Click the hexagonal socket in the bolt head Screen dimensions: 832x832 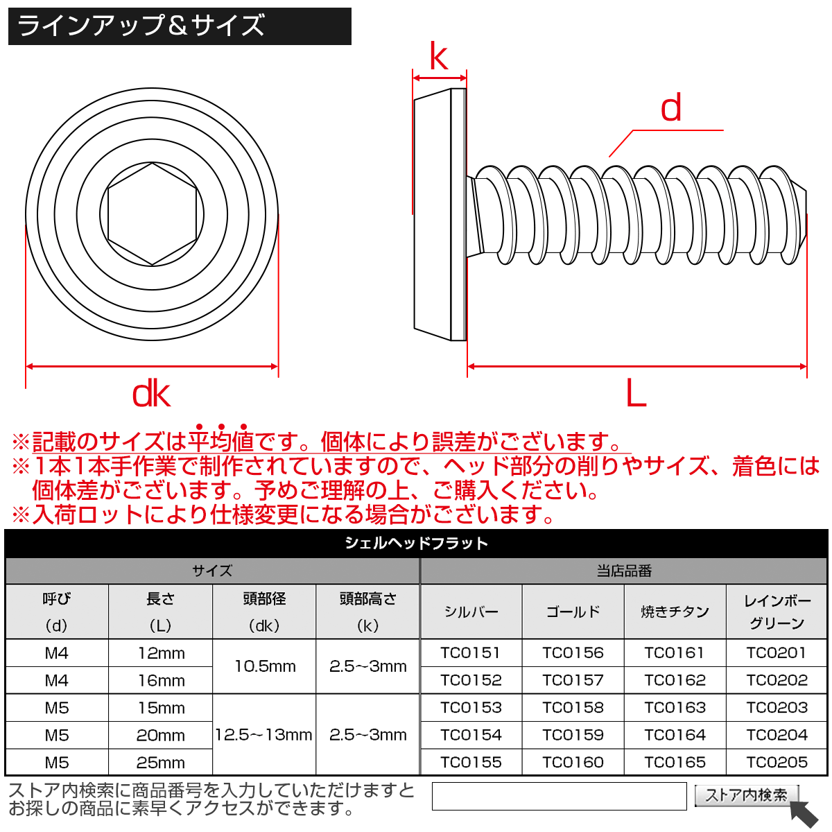[152, 214]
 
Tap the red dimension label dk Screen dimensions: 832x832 [151, 395]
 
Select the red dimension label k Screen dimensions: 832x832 [438, 57]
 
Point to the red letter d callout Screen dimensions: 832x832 [670, 109]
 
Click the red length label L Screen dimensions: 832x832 [636, 395]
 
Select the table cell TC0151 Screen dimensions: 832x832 [471, 653]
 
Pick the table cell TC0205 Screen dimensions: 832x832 [777, 762]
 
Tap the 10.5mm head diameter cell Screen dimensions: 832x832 [264, 666]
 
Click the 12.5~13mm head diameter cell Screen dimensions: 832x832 [264, 735]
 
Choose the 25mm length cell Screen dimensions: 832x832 [160, 763]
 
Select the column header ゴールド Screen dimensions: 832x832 [573, 612]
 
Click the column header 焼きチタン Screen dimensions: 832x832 [675, 612]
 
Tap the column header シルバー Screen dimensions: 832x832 [471, 612]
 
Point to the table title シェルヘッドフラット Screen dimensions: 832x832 [416, 544]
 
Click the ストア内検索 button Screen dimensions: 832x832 [746, 795]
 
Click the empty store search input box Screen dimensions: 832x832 [559, 796]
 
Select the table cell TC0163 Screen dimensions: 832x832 [675, 708]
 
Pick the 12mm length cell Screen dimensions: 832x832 [160, 653]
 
